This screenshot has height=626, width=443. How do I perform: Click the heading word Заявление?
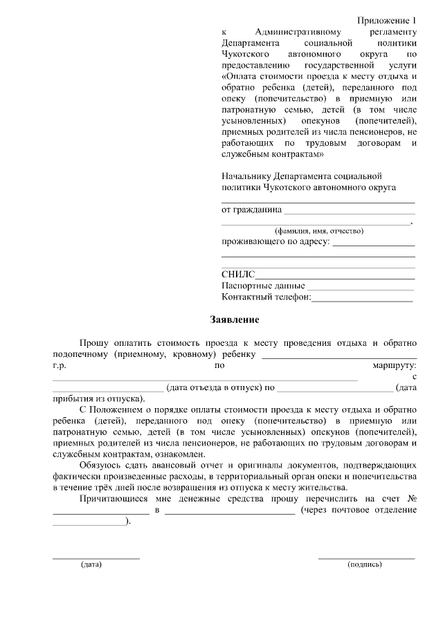[x=235, y=320]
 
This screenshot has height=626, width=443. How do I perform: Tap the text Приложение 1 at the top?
[x=388, y=21]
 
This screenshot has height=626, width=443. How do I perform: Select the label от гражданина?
[x=251, y=209]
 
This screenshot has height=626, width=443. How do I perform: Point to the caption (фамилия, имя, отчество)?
[x=318, y=231]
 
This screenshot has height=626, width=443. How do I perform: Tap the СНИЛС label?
[x=238, y=275]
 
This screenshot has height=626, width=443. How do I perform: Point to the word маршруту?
[x=393, y=365]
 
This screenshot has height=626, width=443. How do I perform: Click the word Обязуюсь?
[x=101, y=466]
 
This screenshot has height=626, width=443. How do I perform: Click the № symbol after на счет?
[x=411, y=499]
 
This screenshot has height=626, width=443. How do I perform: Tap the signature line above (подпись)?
[x=366, y=558]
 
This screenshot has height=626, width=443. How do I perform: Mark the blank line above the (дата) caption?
[x=96, y=558]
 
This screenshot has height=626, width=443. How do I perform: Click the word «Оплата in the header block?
[x=242, y=76]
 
